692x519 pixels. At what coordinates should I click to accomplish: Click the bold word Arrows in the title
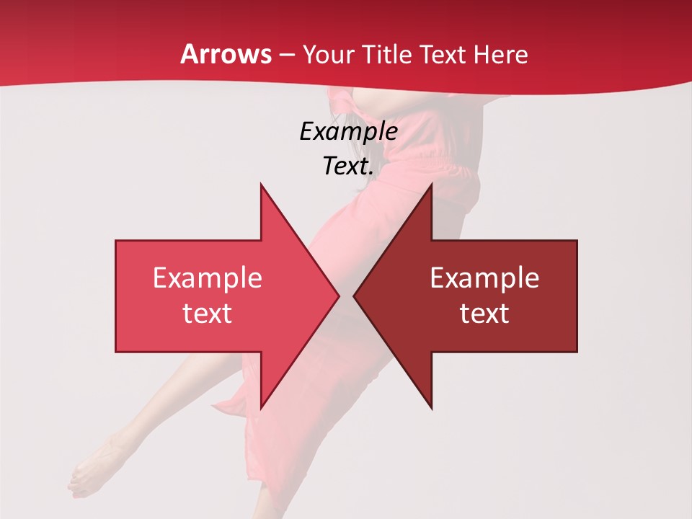pos(226,54)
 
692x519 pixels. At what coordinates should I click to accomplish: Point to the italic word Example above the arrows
pos(348,131)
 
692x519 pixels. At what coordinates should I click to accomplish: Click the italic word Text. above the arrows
pos(348,166)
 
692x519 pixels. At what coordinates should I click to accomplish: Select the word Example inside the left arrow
pos(208,278)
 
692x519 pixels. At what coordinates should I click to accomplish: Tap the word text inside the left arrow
pos(208,313)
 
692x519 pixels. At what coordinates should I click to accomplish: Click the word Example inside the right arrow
pos(484,278)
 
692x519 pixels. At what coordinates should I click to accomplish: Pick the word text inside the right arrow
pos(484,313)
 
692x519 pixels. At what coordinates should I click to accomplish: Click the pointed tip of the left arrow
pos(339,296)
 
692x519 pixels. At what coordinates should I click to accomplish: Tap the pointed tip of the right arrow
pos(354,296)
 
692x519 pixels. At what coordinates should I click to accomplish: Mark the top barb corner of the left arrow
pos(261,185)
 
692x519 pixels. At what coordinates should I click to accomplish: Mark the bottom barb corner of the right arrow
pos(431,408)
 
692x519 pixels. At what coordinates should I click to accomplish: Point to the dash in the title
pos(286,55)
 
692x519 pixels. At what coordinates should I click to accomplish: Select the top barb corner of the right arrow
pos(431,185)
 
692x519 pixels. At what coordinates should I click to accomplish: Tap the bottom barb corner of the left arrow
pos(261,408)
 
